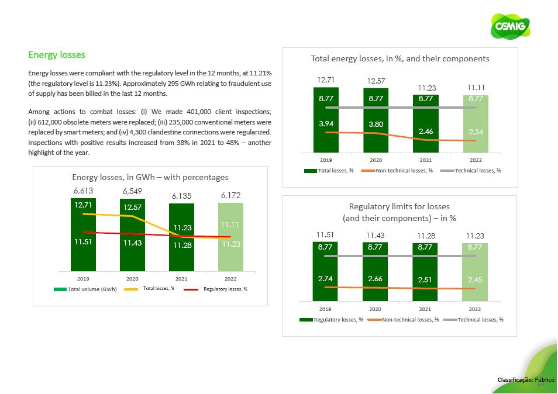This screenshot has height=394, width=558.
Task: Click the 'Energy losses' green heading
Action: (x=57, y=55)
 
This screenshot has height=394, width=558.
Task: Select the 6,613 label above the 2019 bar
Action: (x=83, y=191)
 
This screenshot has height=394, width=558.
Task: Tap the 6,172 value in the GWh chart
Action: (x=230, y=195)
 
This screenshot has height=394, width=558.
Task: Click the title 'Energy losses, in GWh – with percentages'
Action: (x=150, y=177)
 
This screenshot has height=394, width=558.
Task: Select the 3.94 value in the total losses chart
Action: (x=326, y=123)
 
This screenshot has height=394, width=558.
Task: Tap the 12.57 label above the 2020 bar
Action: (x=376, y=80)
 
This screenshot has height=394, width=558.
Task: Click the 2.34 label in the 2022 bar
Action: (x=475, y=132)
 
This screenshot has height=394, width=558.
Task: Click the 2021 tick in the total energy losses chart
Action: (x=425, y=160)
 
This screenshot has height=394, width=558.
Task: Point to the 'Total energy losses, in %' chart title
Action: (x=399, y=59)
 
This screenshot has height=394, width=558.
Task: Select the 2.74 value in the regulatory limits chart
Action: (x=325, y=279)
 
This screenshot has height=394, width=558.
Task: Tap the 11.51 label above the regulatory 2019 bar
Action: (x=325, y=235)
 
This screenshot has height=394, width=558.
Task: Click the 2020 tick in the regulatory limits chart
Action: (x=375, y=309)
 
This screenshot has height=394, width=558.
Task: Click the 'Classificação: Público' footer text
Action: (x=525, y=380)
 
